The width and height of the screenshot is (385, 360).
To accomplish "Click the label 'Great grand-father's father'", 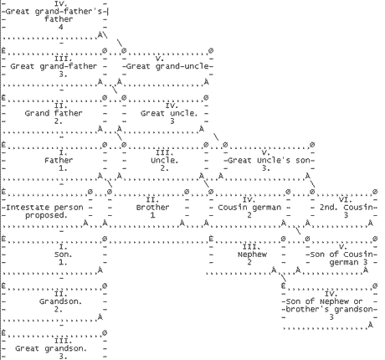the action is [54, 15].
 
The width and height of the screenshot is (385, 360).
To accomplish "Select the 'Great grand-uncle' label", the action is [168, 66].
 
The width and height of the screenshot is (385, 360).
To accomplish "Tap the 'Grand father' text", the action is [54, 113].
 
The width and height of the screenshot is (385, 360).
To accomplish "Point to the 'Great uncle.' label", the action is [169, 113].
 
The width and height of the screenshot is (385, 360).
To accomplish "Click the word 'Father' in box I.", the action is [59, 161].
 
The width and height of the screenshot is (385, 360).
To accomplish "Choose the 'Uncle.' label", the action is [164, 161].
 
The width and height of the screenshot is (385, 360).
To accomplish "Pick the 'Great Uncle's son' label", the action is [269, 161].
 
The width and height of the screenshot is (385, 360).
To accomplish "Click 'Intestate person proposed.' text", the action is [44, 211].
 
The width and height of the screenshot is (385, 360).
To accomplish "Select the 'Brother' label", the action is [152, 208].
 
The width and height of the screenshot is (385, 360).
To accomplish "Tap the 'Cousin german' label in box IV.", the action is [249, 208].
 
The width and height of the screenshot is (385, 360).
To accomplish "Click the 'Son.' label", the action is [64, 255].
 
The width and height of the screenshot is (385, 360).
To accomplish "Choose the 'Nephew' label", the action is [252, 255].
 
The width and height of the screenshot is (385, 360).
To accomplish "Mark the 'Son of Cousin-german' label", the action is [341, 259].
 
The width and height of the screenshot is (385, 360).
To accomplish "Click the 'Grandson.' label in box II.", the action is [60, 301].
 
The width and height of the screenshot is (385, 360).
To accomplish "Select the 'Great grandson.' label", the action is [51, 349].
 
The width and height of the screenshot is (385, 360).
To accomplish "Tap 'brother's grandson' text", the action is [330, 310].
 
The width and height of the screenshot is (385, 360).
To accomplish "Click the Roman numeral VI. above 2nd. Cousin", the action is [346, 199].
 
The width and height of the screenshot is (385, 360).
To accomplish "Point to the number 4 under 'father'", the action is [61, 27].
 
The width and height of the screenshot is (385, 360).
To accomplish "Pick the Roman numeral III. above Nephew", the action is [252, 247].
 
